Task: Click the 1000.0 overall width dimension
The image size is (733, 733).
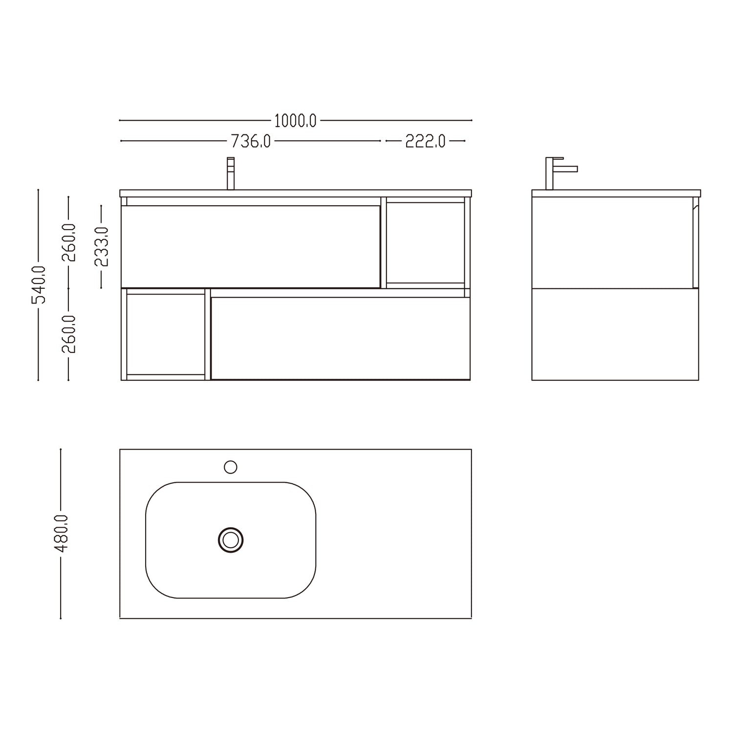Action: tap(295, 120)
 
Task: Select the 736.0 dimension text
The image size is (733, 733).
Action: tap(251, 141)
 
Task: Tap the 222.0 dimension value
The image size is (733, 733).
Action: tap(425, 141)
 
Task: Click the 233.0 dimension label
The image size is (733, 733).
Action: tap(101, 247)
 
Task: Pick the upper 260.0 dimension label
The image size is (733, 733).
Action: tap(68, 242)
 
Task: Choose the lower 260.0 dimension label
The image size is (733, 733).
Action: tap(68, 334)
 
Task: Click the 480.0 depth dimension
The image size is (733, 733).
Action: tap(61, 533)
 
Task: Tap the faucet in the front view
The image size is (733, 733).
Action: tap(231, 173)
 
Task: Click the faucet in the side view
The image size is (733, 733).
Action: tap(557, 173)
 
